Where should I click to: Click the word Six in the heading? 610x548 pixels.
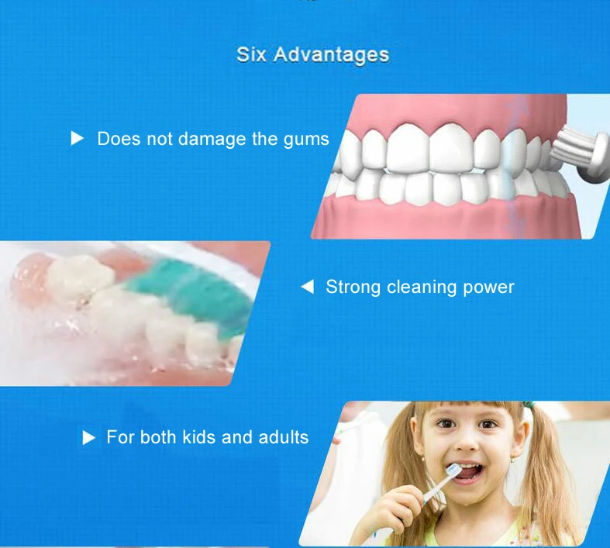[x=251, y=54]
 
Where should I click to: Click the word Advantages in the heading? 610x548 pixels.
[x=331, y=55]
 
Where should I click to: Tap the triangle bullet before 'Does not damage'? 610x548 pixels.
[x=77, y=138]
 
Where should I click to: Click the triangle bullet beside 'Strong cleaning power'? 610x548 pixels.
[x=308, y=287]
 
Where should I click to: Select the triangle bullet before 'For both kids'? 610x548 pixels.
[x=88, y=438]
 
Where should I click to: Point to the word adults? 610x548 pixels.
[x=284, y=437]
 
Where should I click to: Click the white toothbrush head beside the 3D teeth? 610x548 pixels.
[x=581, y=156]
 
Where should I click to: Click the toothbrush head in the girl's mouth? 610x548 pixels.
[x=453, y=472]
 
